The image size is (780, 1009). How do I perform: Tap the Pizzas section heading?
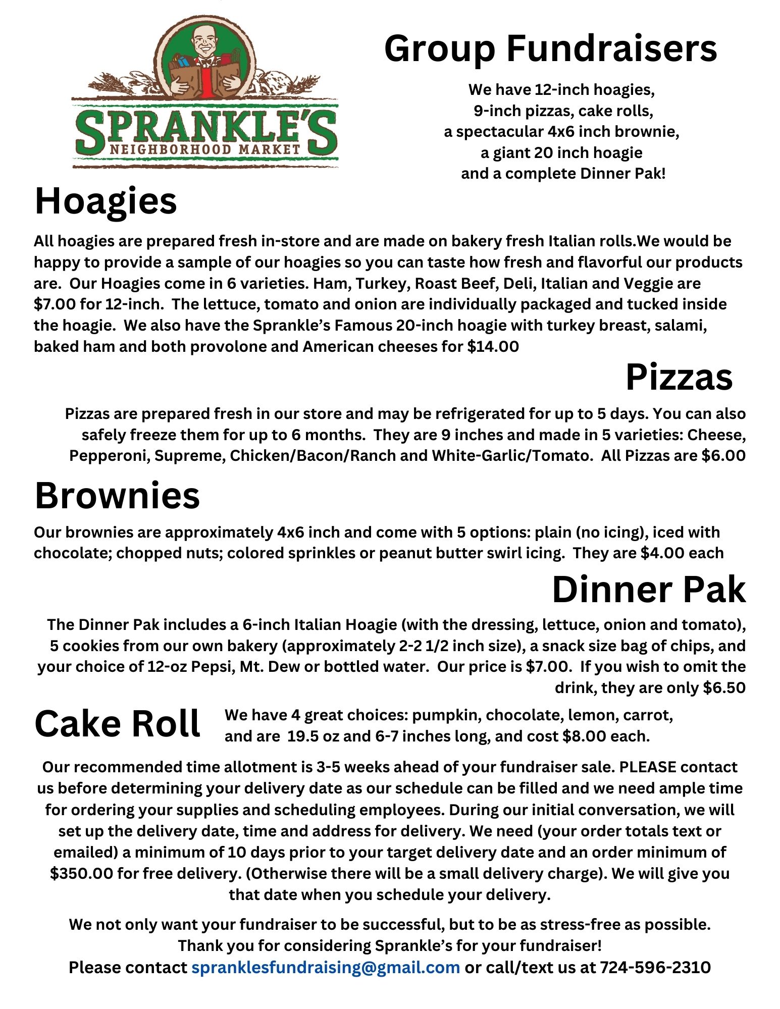(x=679, y=378)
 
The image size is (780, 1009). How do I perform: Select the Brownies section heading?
(x=117, y=496)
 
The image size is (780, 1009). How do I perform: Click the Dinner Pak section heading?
(x=649, y=590)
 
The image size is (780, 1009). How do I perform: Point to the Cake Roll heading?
(x=117, y=724)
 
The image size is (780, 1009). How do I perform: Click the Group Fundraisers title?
(x=550, y=49)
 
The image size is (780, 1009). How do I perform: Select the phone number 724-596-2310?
(x=655, y=967)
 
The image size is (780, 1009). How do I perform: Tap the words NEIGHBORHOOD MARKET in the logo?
(x=205, y=149)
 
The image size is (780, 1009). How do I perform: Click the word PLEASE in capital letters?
(x=648, y=767)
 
